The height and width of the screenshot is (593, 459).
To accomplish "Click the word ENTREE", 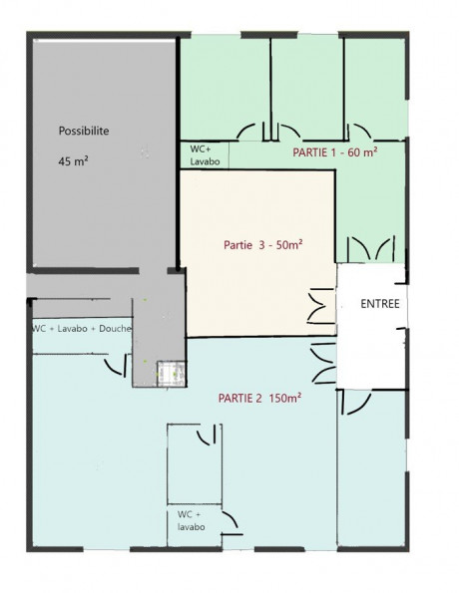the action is coord(380,304).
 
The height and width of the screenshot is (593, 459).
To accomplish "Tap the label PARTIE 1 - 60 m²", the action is coord(335,152).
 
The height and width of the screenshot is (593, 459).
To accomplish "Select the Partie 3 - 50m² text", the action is coord(262,245).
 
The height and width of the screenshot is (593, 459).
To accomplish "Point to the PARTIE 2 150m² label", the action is coord(259,398).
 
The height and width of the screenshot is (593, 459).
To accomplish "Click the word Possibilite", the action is coord(84,131).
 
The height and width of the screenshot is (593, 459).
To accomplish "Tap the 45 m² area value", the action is coord(74,161).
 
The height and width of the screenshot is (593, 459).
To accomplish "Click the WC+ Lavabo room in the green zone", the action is coord(205,154).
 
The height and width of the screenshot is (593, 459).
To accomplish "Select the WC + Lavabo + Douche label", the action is coord(82,328).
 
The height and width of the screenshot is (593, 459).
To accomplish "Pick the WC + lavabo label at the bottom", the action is coord(192,520).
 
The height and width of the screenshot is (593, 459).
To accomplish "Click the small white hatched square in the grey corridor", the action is coord(172,374).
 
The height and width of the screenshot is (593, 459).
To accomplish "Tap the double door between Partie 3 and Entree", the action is coord(320,306).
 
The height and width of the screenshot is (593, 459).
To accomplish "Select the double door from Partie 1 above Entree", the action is coord(371,248).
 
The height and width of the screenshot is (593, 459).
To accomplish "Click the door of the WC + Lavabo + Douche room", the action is coord(117,365).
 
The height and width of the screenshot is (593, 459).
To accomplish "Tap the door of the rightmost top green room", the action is coord(358,132).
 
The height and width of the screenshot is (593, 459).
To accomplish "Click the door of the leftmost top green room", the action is coord(251,132).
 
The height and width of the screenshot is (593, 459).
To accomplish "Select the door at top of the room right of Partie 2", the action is coord(356,404).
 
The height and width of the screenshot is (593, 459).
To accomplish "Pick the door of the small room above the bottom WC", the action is coord(208,435).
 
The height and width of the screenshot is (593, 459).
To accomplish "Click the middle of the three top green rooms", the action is coord(307,88).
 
